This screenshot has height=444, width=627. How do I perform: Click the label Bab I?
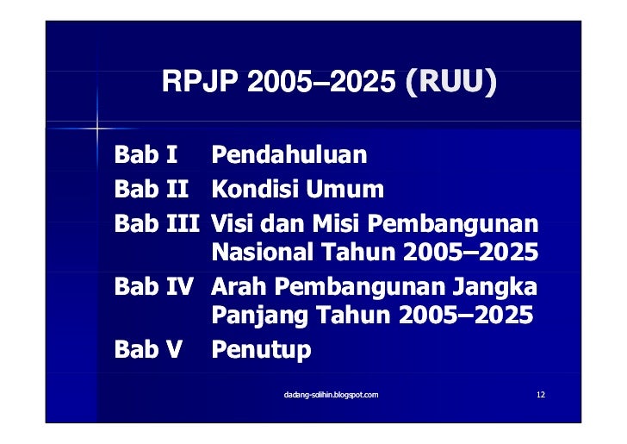pyautogui.click(x=146, y=156)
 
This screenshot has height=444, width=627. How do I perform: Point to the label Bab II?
pyautogui.click(x=152, y=189)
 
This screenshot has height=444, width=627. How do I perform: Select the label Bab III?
pyautogui.click(x=158, y=222)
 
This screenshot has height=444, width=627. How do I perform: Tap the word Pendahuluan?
pyautogui.click(x=289, y=156)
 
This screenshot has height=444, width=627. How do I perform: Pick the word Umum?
pyautogui.click(x=345, y=189)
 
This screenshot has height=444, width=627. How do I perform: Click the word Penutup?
pyautogui.click(x=261, y=350)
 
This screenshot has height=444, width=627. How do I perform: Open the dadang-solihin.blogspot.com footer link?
pyautogui.click(x=331, y=394)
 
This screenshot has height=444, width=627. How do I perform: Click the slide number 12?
pyautogui.click(x=540, y=394)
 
